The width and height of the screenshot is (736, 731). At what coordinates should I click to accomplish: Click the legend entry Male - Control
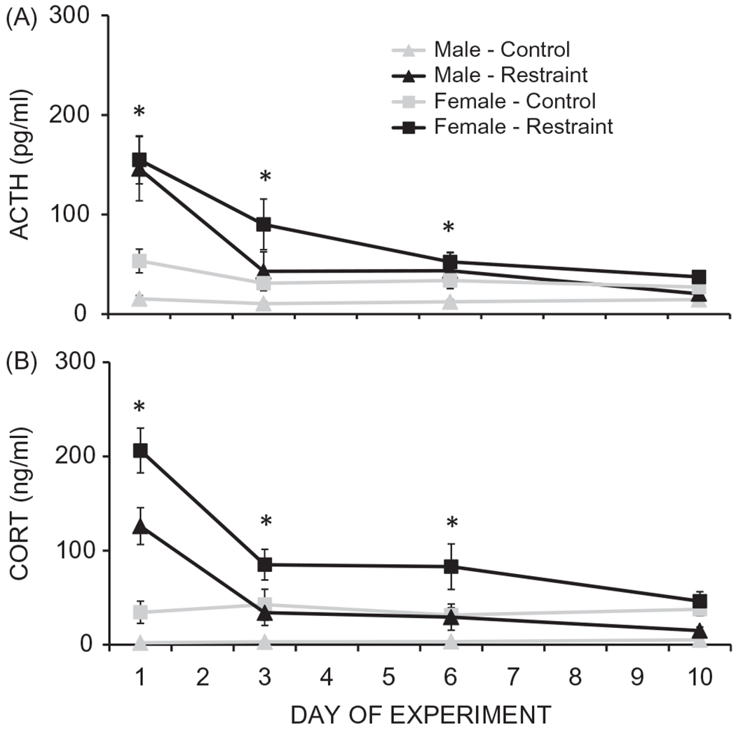pyautogui.click(x=501, y=50)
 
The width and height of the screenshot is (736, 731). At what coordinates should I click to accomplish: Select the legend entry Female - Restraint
pyautogui.click(x=523, y=126)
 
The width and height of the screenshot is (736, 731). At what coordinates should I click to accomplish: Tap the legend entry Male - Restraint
pyautogui.click(x=509, y=75)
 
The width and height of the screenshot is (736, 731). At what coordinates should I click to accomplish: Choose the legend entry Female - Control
pyautogui.click(x=514, y=101)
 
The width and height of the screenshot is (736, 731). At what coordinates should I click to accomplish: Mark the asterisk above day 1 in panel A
pyautogui.click(x=139, y=113)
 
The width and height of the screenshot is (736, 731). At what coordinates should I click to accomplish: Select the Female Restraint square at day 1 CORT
pyautogui.click(x=140, y=451)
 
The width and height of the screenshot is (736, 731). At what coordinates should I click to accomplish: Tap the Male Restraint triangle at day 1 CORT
pyautogui.click(x=140, y=526)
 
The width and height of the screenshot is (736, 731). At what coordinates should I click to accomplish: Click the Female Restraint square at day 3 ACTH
pyautogui.click(x=264, y=224)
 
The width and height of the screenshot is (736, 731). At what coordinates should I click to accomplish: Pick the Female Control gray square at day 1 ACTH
pyautogui.click(x=139, y=261)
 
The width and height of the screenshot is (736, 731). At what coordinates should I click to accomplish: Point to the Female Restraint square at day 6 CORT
pyautogui.click(x=451, y=566)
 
